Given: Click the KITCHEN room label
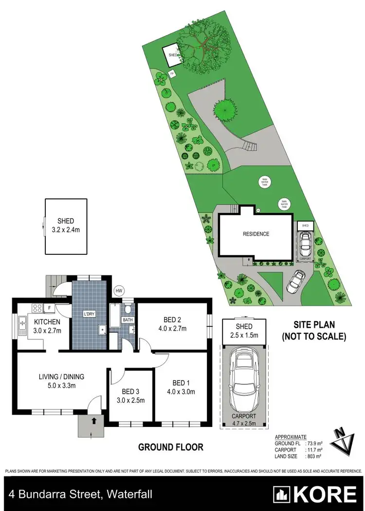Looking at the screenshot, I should point(47,322).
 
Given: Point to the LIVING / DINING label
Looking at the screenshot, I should point(62,376).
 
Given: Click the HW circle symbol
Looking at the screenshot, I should point(118,291).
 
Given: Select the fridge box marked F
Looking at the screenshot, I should point(50,307).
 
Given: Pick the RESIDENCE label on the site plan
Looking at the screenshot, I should point(256,234).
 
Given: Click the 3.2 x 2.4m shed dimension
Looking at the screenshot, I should point(66,229).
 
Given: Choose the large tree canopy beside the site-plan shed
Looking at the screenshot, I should point(203,47).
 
